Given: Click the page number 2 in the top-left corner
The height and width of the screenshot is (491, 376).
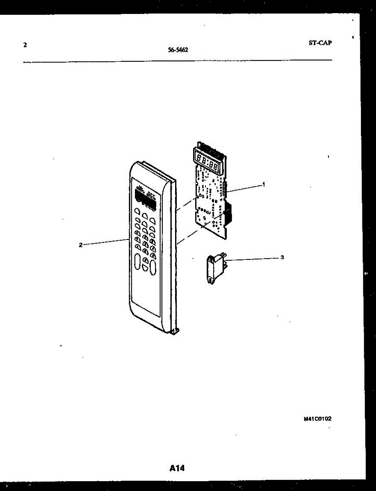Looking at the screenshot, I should [x=25, y=45].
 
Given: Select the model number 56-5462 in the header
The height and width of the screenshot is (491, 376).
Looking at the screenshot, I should [x=178, y=51].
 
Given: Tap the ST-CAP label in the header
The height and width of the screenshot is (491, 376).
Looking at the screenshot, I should [x=320, y=43].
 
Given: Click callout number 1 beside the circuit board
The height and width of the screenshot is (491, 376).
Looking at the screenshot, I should [x=264, y=185].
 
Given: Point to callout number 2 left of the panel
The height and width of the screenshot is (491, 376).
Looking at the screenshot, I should [x=81, y=245].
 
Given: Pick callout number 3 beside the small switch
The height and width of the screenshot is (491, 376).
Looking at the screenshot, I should [x=282, y=257].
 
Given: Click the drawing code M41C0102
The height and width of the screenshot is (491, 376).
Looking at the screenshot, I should [x=317, y=419].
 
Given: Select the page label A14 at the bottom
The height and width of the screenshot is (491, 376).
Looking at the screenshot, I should [x=177, y=468].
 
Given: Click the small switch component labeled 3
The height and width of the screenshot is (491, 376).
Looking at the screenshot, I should [x=215, y=268].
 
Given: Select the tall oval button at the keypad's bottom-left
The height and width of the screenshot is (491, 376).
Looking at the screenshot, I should [x=137, y=262].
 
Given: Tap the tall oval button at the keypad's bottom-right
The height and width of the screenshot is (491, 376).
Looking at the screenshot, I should [x=153, y=268].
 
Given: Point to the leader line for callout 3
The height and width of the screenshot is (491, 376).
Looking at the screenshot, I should [x=252, y=259].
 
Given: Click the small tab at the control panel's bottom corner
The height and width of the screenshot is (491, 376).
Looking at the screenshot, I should [x=176, y=331].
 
